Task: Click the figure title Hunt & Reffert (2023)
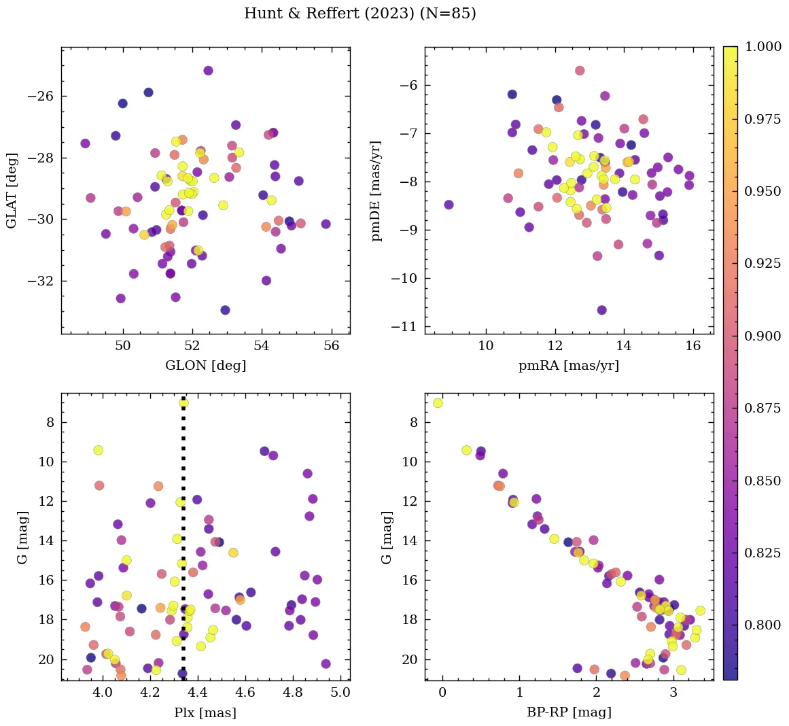360,14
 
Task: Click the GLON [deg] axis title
205,366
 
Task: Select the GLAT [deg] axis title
12,190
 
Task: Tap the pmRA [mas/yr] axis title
568,366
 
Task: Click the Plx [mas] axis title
205,712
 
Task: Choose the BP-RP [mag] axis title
569,712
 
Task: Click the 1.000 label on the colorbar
762,47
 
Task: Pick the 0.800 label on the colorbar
762,625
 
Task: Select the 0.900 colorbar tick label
762,336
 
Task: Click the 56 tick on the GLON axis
331,345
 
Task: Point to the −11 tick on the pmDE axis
404,327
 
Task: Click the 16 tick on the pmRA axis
692,345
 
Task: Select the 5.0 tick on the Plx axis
340,692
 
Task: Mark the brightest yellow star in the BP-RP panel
438,403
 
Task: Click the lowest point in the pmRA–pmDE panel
601,310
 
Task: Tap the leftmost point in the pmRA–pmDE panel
449,205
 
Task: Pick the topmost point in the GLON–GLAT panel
208,71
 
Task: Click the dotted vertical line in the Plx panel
183,544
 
